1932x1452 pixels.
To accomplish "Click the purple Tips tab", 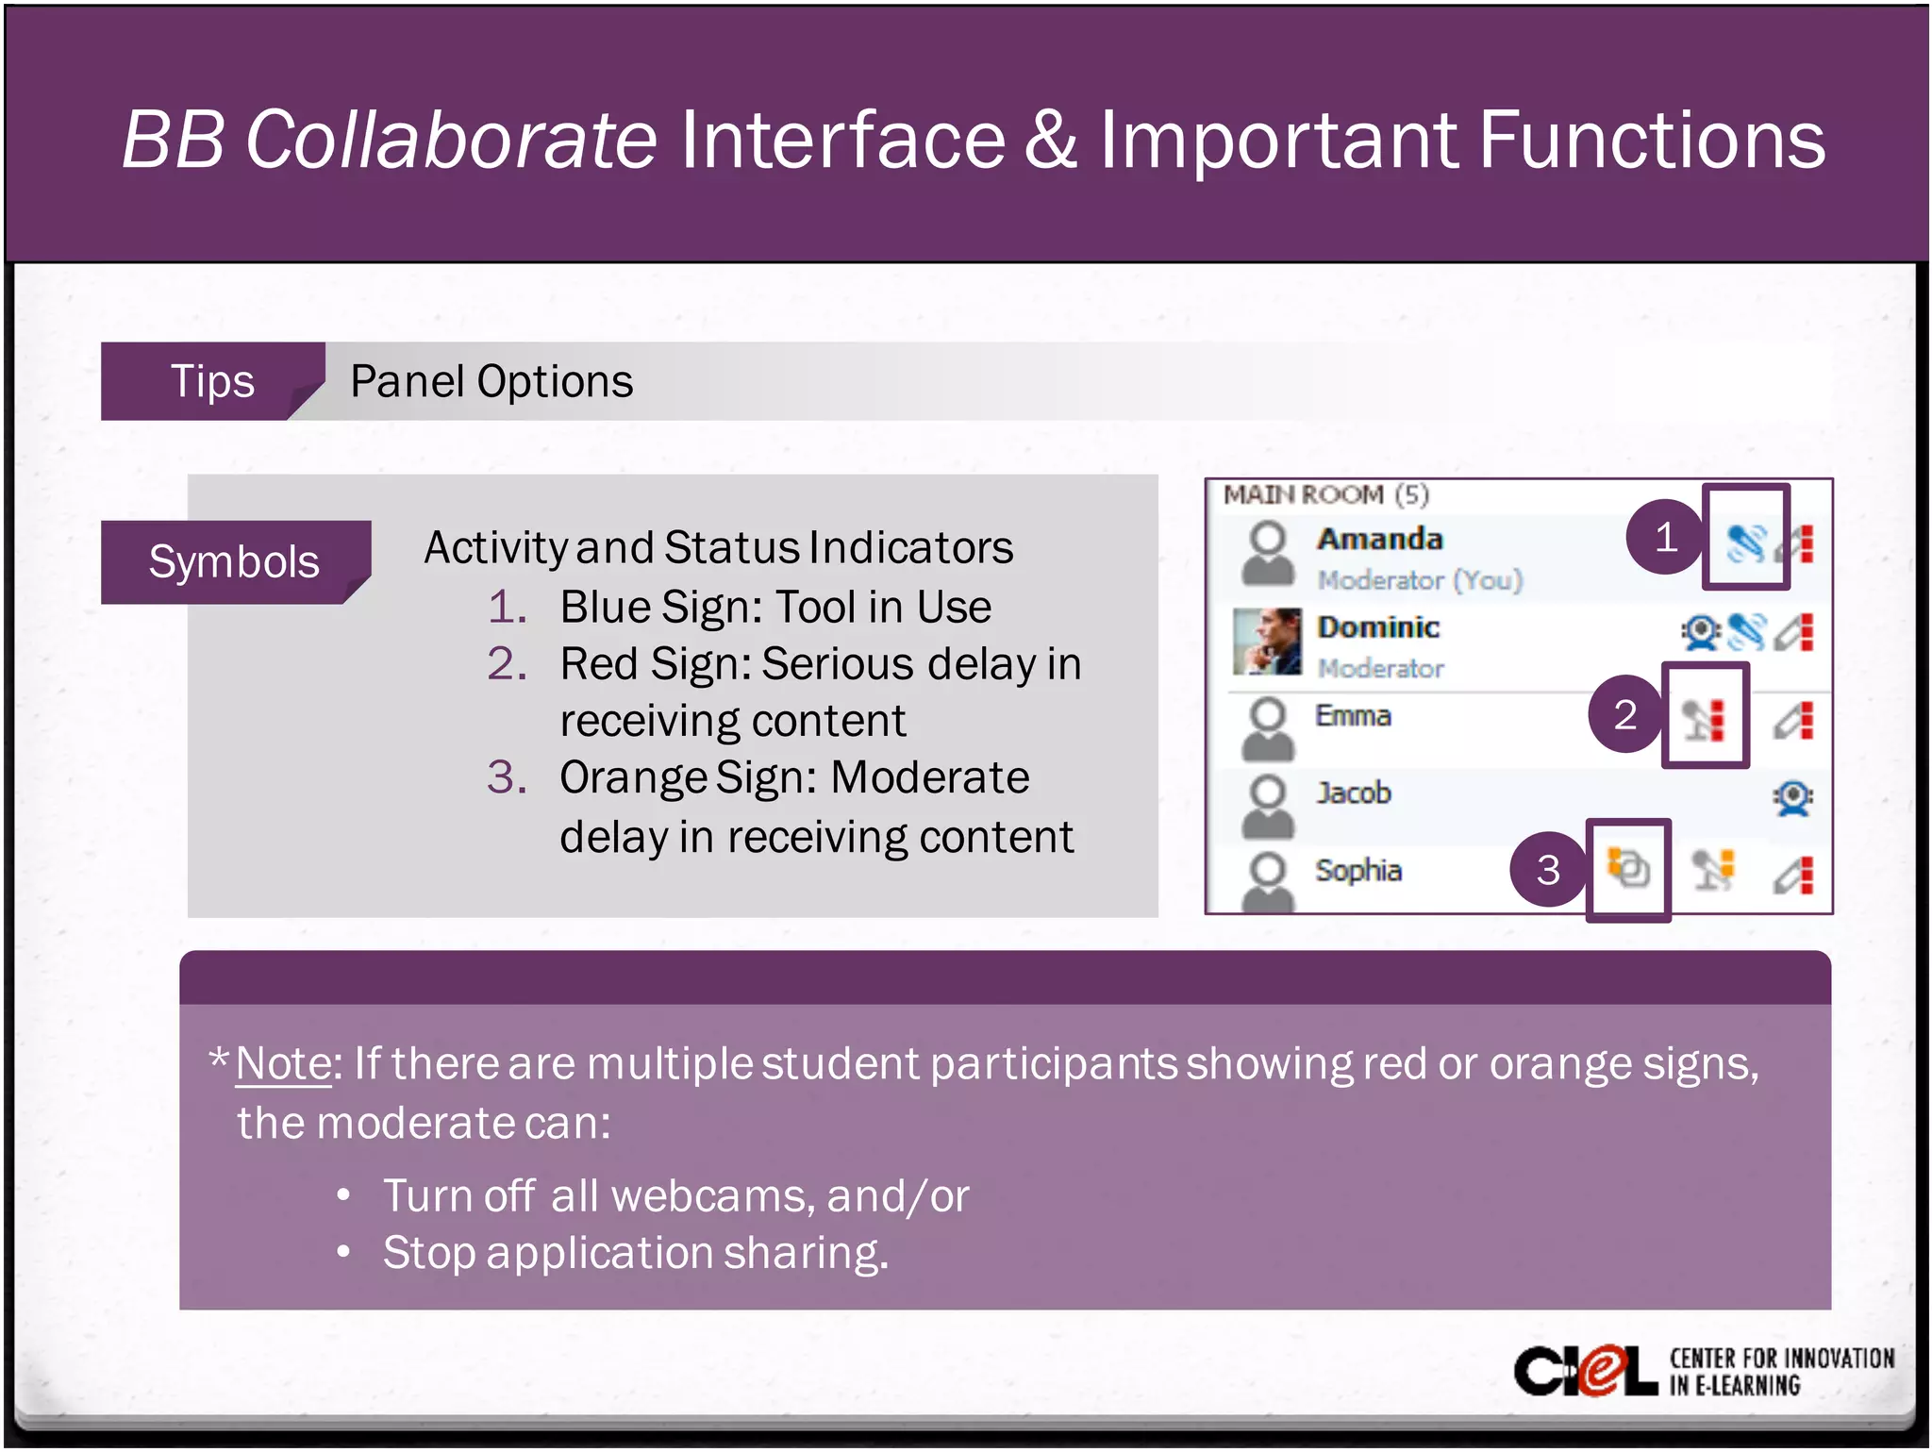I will click(x=212, y=381).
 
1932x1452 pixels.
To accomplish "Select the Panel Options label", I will click(x=491, y=381).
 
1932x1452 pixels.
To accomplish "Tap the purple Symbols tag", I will click(x=234, y=561).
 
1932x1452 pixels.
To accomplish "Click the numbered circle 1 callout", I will click(x=1665, y=537).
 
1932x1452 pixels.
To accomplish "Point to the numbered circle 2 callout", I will click(x=1624, y=714).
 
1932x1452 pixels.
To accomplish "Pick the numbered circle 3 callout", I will click(x=1547, y=869).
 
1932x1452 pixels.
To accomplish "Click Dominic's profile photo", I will click(x=1267, y=642).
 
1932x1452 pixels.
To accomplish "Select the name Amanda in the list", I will click(x=1379, y=539).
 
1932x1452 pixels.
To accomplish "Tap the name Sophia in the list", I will click(x=1357, y=870).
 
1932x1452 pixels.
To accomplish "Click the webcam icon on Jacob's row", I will click(x=1792, y=798).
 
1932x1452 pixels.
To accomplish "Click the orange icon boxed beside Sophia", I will click(x=1628, y=868).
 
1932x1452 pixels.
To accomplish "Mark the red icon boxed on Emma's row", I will click(x=1706, y=720).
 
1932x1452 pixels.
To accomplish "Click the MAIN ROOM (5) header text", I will click(x=1325, y=495).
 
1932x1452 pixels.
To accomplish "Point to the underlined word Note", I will click(x=283, y=1063).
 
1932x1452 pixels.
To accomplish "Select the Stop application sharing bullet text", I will click(x=635, y=1253).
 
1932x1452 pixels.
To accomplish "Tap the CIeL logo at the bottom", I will click(x=1585, y=1371).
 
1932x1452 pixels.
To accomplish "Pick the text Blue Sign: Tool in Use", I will click(x=774, y=607).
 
